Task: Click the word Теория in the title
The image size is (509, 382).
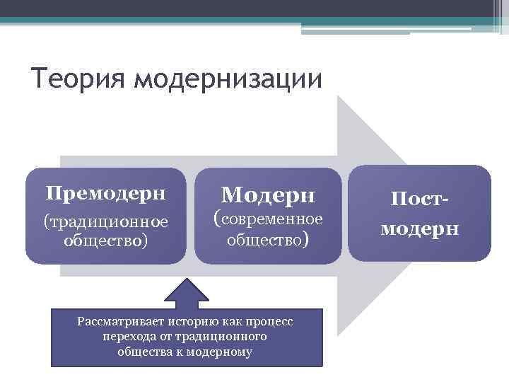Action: [78, 78]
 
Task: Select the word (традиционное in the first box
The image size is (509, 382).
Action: [105, 222]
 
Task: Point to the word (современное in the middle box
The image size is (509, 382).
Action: [268, 219]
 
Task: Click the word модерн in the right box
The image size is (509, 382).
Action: [419, 229]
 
